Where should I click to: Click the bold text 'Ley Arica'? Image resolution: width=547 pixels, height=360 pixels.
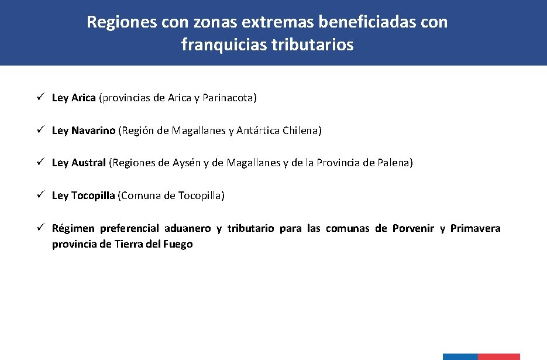(x=74, y=98)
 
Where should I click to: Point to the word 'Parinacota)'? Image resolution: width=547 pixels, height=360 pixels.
(x=230, y=98)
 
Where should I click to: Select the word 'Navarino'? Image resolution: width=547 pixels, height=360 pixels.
(x=94, y=131)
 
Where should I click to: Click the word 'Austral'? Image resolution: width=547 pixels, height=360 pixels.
(x=89, y=163)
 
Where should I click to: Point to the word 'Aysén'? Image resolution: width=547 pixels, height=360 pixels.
(x=187, y=163)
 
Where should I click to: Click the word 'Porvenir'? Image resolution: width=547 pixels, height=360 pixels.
(x=413, y=228)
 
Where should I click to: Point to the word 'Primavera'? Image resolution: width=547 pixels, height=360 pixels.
(x=475, y=228)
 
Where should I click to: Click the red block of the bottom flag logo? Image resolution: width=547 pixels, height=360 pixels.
(x=498, y=356)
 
